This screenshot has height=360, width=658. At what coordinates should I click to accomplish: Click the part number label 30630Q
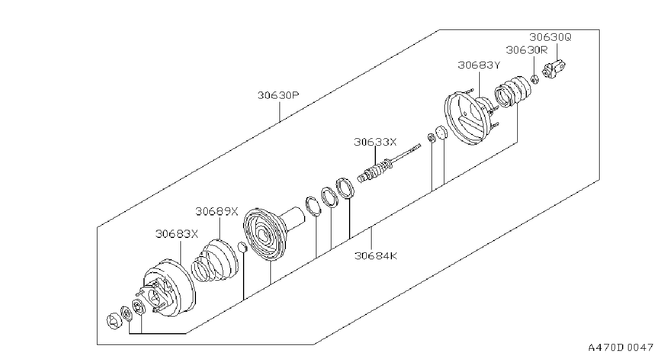click(x=550, y=37)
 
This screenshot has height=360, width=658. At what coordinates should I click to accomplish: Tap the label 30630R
click(x=527, y=50)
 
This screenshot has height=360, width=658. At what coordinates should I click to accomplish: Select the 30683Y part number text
click(x=479, y=65)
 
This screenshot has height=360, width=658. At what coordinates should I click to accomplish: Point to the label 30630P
click(x=278, y=95)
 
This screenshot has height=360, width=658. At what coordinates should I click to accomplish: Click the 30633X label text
click(x=375, y=142)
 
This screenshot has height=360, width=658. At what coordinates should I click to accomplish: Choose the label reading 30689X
click(x=217, y=211)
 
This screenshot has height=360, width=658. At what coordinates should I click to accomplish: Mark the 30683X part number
click(x=177, y=234)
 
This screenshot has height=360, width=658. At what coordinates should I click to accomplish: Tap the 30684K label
click(x=376, y=256)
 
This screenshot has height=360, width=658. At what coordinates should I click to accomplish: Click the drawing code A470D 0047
click(x=621, y=348)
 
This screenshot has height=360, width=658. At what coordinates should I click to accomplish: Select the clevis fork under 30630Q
click(x=554, y=69)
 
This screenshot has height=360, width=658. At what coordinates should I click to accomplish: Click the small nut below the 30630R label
click(x=535, y=79)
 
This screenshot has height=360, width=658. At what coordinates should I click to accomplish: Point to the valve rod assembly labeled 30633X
click(x=388, y=164)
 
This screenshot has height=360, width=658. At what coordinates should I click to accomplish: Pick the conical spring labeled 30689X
click(x=215, y=261)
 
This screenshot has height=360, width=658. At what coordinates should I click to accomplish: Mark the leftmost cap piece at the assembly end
click(x=114, y=321)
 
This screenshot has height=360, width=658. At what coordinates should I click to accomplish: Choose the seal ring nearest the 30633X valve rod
click(x=345, y=188)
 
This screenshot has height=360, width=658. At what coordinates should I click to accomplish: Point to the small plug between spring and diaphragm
click(x=242, y=247)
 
